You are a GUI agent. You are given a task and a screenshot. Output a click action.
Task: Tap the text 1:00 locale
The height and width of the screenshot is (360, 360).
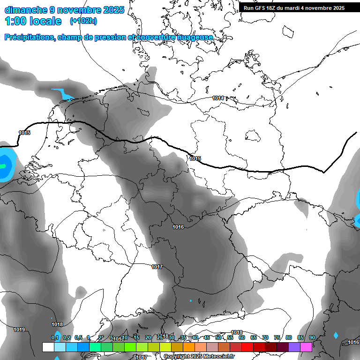[x=33, y=21]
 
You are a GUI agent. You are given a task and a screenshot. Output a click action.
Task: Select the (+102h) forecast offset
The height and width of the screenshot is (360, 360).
[x=83, y=21]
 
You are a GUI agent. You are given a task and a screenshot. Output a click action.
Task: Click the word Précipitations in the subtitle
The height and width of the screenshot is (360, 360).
[x=30, y=37]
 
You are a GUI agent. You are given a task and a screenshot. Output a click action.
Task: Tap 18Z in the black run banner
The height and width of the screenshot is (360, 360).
[x=271, y=8]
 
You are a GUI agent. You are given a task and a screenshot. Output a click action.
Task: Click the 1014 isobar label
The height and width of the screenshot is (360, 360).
[x=218, y=98]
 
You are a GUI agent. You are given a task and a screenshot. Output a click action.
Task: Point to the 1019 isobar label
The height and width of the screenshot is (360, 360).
[x=19, y=330]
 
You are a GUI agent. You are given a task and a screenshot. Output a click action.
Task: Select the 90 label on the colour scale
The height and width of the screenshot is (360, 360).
[x=312, y=338]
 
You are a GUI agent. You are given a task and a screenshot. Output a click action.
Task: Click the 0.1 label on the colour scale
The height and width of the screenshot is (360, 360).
[x=55, y=338]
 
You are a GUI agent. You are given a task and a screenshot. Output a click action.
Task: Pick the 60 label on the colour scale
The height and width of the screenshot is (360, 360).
[x=242, y=338]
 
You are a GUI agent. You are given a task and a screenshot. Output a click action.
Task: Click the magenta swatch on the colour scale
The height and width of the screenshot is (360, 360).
[x=306, y=347]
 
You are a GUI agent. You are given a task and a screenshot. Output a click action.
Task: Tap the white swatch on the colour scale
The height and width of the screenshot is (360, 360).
[x=48, y=347]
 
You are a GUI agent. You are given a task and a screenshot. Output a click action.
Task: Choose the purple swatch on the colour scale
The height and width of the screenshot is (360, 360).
[x=294, y=347]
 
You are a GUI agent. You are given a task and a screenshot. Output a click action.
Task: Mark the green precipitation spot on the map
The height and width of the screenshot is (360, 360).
[x=3, y=166]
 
